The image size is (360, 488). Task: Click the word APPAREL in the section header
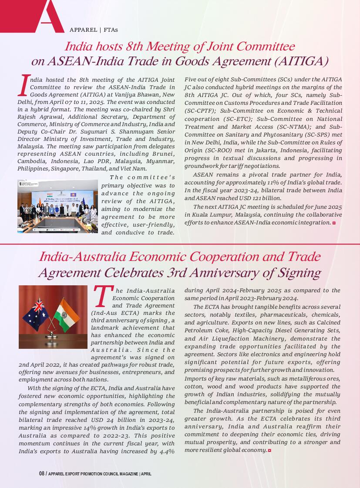83,30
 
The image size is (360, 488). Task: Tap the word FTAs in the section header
111,30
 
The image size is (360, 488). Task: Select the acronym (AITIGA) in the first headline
300,61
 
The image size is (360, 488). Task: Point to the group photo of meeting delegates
58,206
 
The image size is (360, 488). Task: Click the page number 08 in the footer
42,474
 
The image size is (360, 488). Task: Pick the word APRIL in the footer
146,474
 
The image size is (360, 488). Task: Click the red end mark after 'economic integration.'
334,223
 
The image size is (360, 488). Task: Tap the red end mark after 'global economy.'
269,450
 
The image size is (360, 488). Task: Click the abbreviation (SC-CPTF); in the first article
201,111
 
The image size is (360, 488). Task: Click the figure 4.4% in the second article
166,451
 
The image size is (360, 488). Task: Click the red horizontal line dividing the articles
180,244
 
